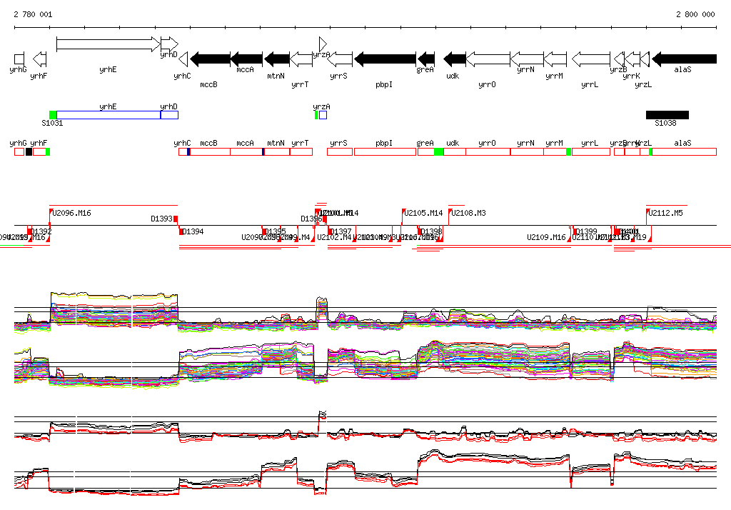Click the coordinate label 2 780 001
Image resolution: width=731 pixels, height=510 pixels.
point(33,14)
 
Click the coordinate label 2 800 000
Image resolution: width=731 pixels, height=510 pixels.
point(695,14)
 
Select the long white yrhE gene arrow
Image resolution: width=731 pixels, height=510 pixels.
point(108,44)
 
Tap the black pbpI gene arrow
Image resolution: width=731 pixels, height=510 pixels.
point(385,59)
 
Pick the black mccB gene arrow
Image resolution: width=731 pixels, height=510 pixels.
point(210,59)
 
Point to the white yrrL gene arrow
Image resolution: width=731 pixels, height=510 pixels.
point(591,59)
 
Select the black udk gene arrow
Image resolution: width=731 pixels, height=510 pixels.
point(455,59)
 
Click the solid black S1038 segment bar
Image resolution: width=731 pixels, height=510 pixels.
point(667,114)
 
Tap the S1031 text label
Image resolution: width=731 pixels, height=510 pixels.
point(52,123)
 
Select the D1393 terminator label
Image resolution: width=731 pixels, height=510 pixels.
point(162,219)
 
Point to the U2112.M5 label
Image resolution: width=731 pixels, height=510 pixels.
point(666,213)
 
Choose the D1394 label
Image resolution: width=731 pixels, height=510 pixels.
point(193,231)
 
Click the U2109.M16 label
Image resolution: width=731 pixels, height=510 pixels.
point(546,237)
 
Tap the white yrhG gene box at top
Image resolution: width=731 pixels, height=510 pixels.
point(19,59)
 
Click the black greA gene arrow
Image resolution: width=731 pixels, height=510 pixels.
point(426,59)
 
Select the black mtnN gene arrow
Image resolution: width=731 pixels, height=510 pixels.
point(276,59)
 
